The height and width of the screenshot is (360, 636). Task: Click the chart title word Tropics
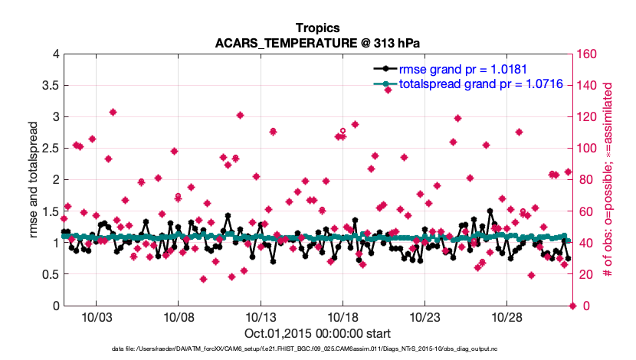(x=318, y=28)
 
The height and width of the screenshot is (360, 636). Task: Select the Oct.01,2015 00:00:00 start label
(x=318, y=333)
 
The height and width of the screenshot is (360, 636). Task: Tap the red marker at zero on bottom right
(x=572, y=306)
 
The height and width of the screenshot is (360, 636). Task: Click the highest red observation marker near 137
(x=388, y=90)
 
